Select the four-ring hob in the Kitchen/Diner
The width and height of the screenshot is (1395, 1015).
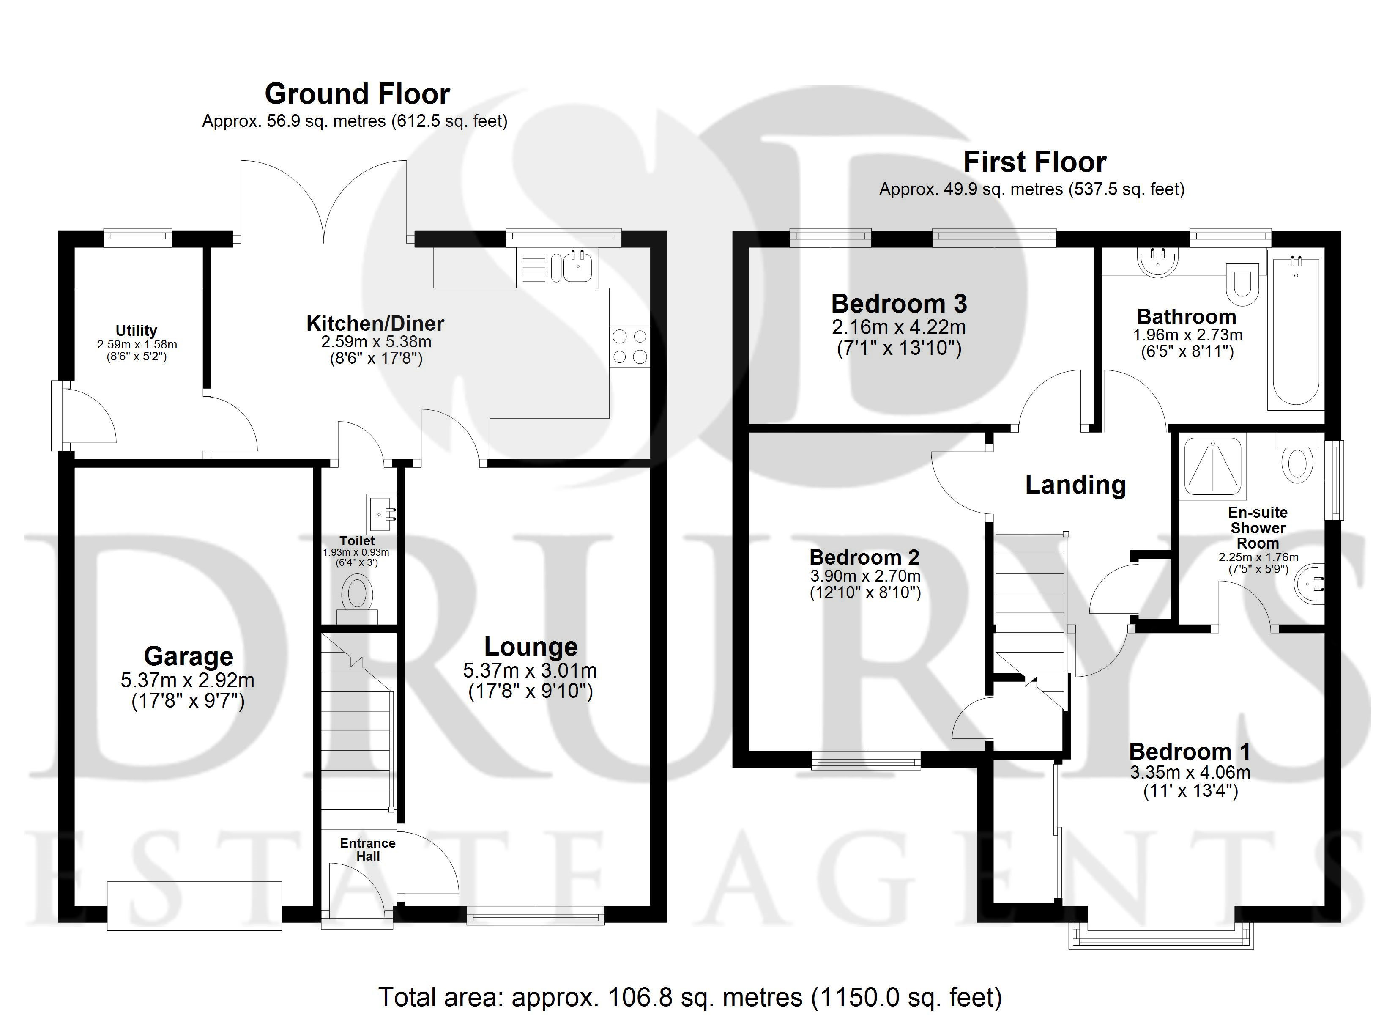coord(630,346)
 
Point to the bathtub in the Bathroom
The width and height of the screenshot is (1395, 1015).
coord(1295,331)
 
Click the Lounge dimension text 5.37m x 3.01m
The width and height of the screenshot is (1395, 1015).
coord(530,670)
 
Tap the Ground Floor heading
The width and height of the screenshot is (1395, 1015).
coord(357,93)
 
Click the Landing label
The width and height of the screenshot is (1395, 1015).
coord(1075,485)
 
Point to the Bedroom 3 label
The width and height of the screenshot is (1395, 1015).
coord(899,304)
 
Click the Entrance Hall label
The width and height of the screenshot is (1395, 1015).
coord(368,849)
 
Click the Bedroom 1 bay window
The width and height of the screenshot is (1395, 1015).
coord(1161,935)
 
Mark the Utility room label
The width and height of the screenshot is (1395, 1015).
coord(137,331)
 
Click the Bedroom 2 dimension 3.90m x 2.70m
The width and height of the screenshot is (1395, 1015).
coord(865,576)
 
